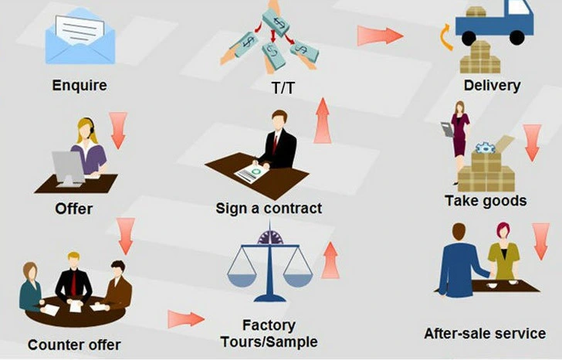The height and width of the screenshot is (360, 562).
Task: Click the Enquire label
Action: [x=79, y=84]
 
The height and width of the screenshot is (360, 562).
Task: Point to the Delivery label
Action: [x=492, y=85]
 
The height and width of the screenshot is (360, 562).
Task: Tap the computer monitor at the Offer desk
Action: [x=67, y=166]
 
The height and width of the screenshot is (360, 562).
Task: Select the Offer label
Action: [x=74, y=209]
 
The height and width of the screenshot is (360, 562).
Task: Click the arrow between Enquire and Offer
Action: [x=118, y=130]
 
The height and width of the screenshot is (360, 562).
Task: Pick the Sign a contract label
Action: [x=269, y=209]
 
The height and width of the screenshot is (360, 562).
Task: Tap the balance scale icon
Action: [x=270, y=263]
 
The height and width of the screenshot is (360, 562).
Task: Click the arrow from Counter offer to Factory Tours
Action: [x=185, y=318]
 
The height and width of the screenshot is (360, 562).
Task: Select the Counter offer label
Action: [x=74, y=344]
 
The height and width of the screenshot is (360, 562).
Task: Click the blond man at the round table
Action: [x=73, y=278]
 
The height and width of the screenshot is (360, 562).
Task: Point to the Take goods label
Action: [x=486, y=201]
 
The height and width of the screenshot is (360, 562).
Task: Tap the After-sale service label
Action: [x=485, y=334]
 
